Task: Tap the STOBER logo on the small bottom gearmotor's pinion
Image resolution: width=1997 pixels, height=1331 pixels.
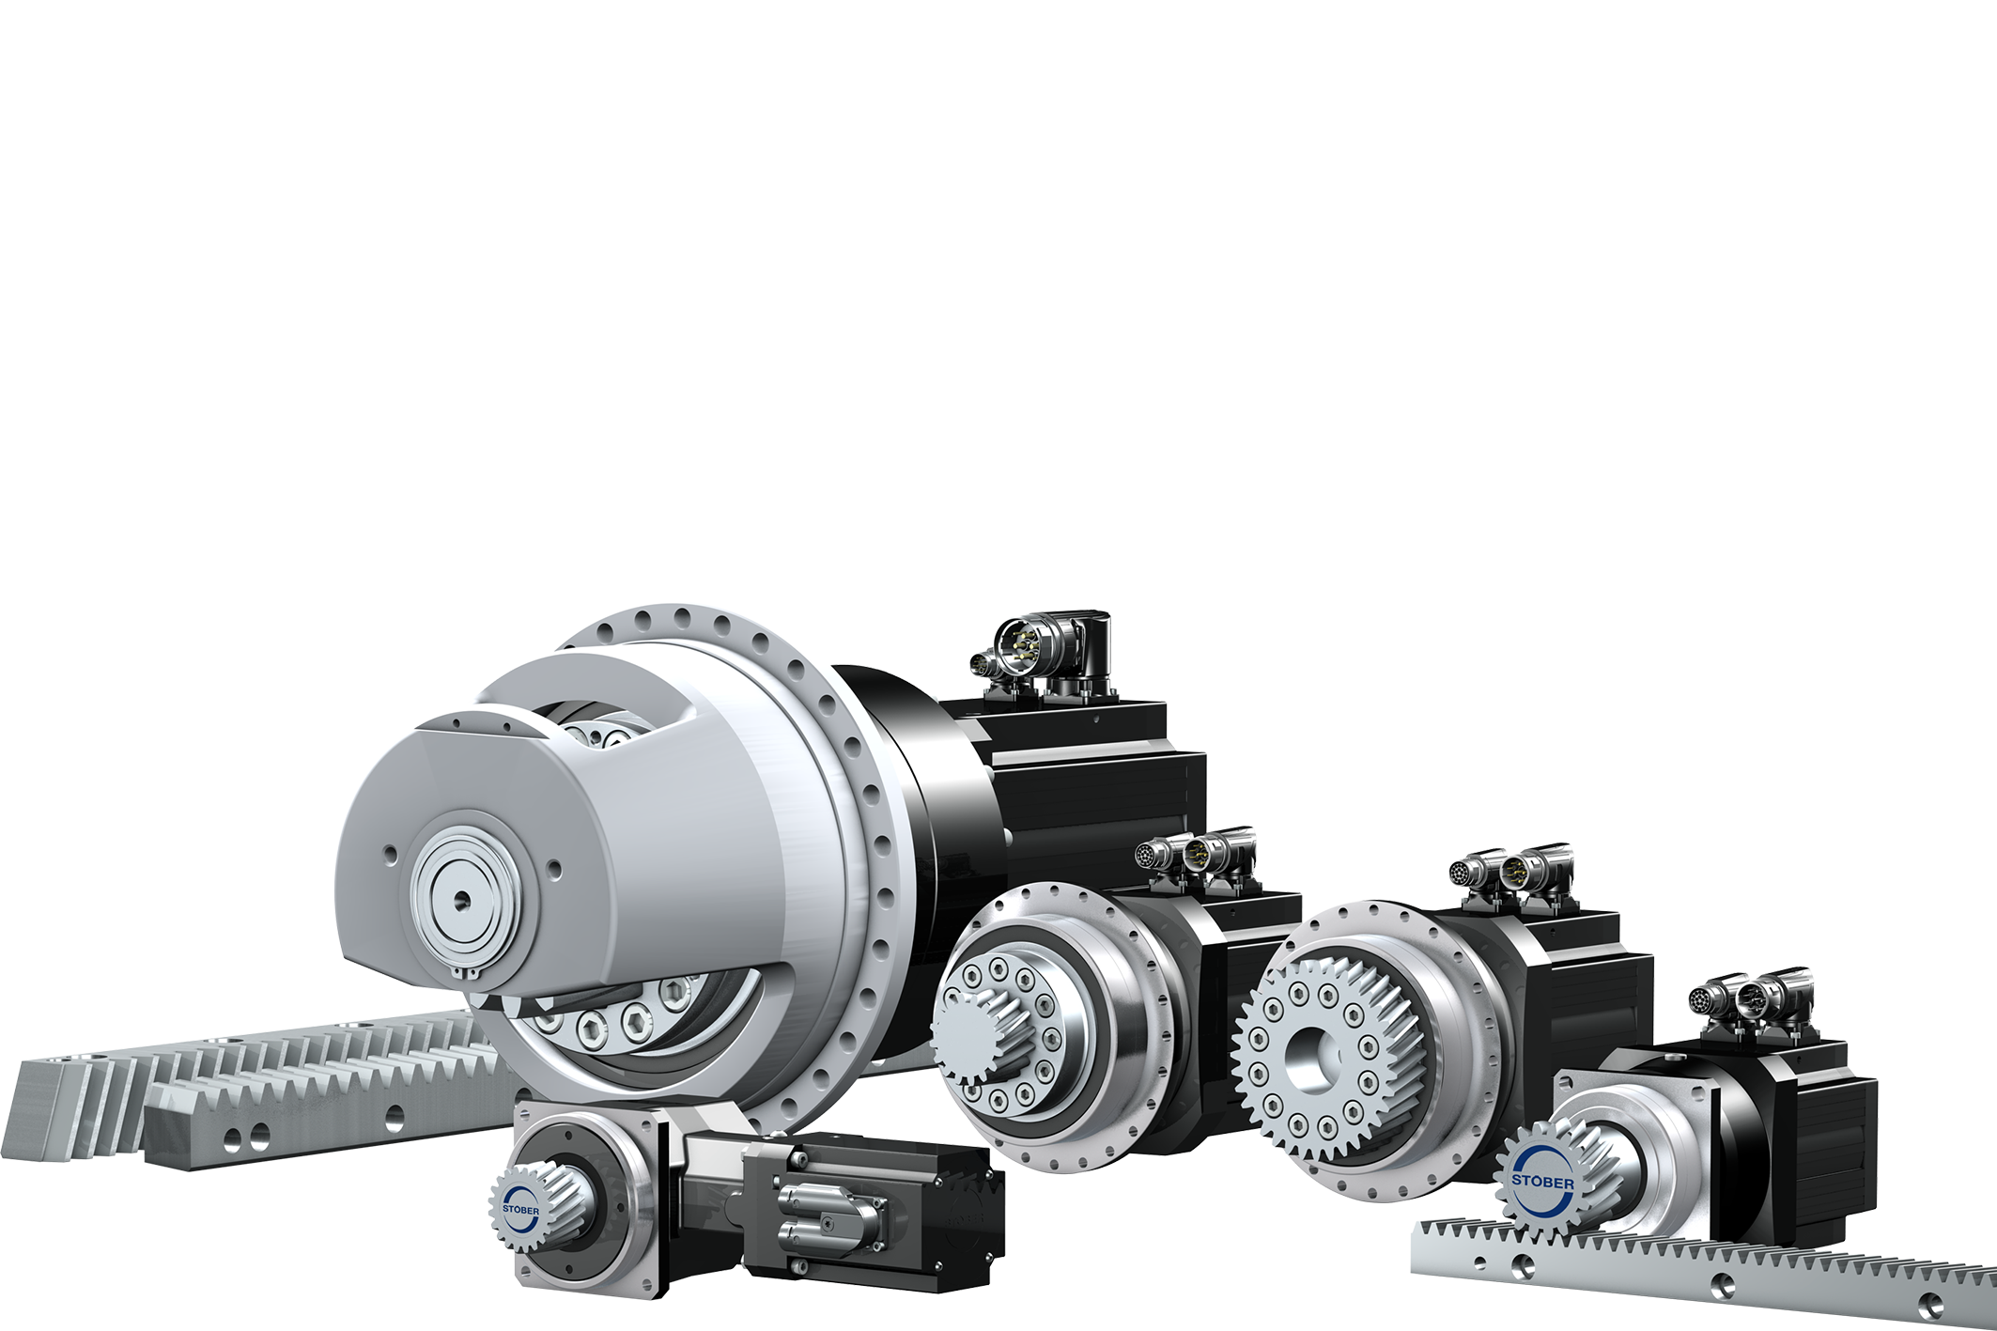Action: coord(521,1209)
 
